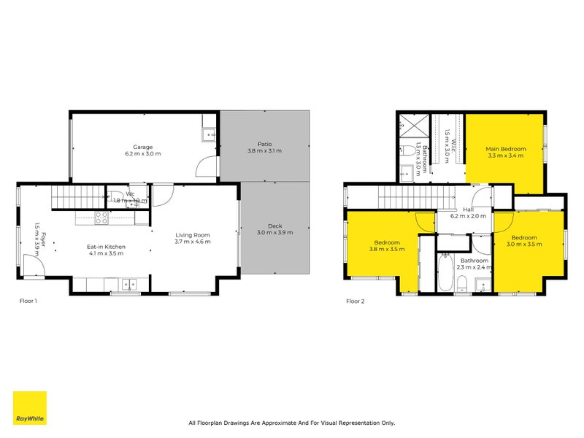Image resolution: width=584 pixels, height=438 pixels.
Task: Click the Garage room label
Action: click(x=142, y=147)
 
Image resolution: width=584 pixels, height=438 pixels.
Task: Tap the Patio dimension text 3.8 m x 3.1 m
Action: click(x=264, y=151)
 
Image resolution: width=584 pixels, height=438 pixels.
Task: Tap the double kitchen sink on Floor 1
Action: click(x=129, y=283)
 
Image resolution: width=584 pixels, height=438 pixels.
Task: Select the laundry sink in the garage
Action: click(x=209, y=134)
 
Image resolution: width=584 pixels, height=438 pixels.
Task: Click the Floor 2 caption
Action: click(x=355, y=301)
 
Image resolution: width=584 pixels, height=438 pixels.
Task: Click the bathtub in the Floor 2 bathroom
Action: click(x=446, y=273)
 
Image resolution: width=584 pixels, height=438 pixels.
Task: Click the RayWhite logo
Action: click(x=29, y=408)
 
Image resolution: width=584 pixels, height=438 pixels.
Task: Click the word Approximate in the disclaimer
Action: click(x=283, y=423)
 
